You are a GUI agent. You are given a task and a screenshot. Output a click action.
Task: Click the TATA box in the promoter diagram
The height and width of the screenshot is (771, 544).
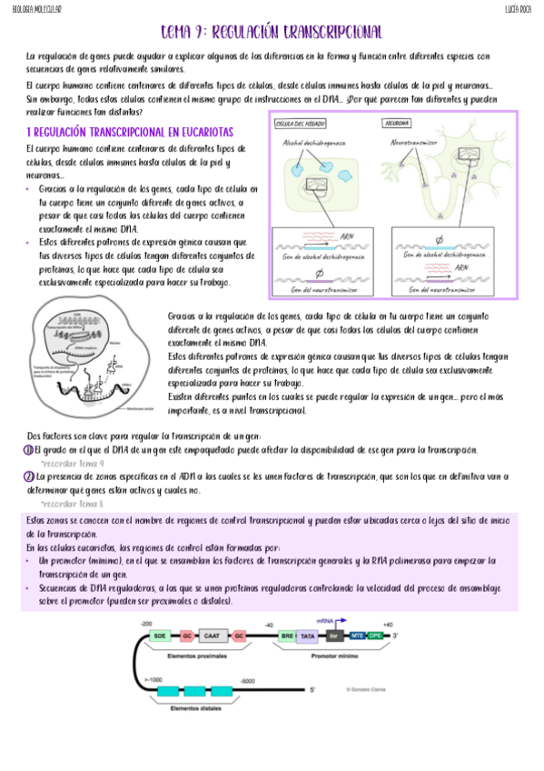[x=308, y=636]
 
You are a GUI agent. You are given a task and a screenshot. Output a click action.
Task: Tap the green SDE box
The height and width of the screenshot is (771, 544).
[x=160, y=636]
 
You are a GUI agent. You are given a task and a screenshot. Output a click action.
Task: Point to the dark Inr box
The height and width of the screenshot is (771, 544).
[x=333, y=636]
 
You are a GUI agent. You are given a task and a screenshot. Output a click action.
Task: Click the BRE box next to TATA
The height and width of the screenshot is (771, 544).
[x=287, y=636]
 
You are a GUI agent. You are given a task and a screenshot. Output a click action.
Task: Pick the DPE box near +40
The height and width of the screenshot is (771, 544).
[x=375, y=636]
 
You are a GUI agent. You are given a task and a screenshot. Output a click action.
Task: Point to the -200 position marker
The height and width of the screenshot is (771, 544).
[x=145, y=624]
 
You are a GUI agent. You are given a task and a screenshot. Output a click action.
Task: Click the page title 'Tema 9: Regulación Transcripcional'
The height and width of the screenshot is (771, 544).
[x=271, y=32]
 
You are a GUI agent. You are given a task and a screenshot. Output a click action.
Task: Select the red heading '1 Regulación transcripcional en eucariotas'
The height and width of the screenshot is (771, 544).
[x=130, y=132]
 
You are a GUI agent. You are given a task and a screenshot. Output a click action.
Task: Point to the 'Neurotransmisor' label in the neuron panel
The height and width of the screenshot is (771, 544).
[x=419, y=143]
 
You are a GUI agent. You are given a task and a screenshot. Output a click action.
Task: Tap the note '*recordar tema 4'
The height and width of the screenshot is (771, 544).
[x=73, y=463]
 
